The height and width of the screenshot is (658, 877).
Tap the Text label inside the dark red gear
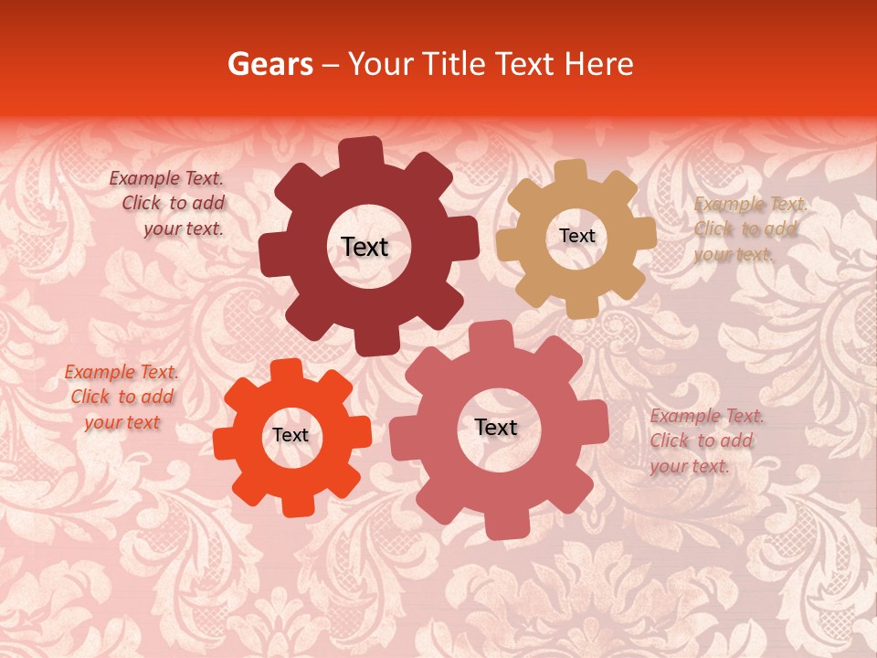click(x=365, y=247)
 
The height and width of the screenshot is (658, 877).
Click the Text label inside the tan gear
click(x=576, y=236)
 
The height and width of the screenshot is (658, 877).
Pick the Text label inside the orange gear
click(x=291, y=435)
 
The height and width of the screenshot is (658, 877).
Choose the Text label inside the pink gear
click(x=496, y=427)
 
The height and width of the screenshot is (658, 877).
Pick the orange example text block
click(x=122, y=398)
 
